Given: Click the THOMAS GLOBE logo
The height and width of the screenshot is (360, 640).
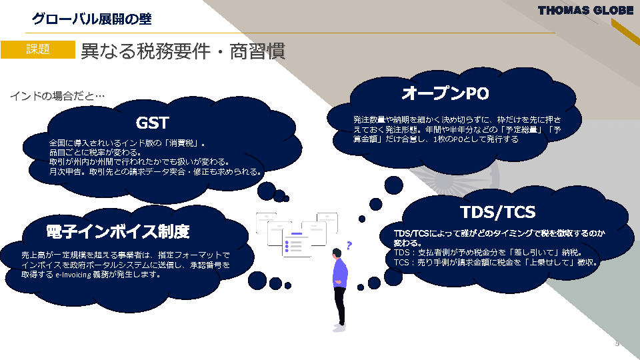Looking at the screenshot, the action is coord(585,11).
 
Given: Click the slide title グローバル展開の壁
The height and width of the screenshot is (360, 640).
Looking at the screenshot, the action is coord(92,19).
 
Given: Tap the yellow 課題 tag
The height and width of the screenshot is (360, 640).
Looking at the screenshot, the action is coord(38,49).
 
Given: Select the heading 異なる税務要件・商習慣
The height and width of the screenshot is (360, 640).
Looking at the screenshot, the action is coord(183,51).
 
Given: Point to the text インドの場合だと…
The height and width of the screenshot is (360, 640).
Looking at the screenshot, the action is coord(57,96).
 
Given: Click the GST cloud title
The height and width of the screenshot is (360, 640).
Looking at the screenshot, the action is coord(152,123).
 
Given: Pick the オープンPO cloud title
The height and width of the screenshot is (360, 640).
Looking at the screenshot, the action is coord(445,93).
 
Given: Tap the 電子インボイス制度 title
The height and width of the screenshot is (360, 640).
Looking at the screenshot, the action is coord(118,231).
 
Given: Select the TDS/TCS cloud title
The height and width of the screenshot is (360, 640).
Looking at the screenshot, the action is coord(497,212).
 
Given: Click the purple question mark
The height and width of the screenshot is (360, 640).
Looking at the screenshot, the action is coord(349,245).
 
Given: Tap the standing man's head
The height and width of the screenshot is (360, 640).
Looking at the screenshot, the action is coord(337,253).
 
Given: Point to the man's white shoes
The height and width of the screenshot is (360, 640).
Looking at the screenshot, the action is coord(339,327).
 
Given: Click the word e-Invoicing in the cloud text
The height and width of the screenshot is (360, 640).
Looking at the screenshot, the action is coord(73,275).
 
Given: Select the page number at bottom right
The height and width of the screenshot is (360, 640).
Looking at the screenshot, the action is coord(617,344).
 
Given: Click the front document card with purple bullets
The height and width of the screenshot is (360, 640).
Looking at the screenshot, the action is coord(296,244).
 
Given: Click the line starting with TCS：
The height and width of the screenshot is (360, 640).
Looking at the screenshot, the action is coord(496,262).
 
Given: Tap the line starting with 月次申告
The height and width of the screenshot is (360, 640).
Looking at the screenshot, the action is coord(155,171).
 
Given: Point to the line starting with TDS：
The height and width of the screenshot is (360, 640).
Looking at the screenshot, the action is coord(488,252).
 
